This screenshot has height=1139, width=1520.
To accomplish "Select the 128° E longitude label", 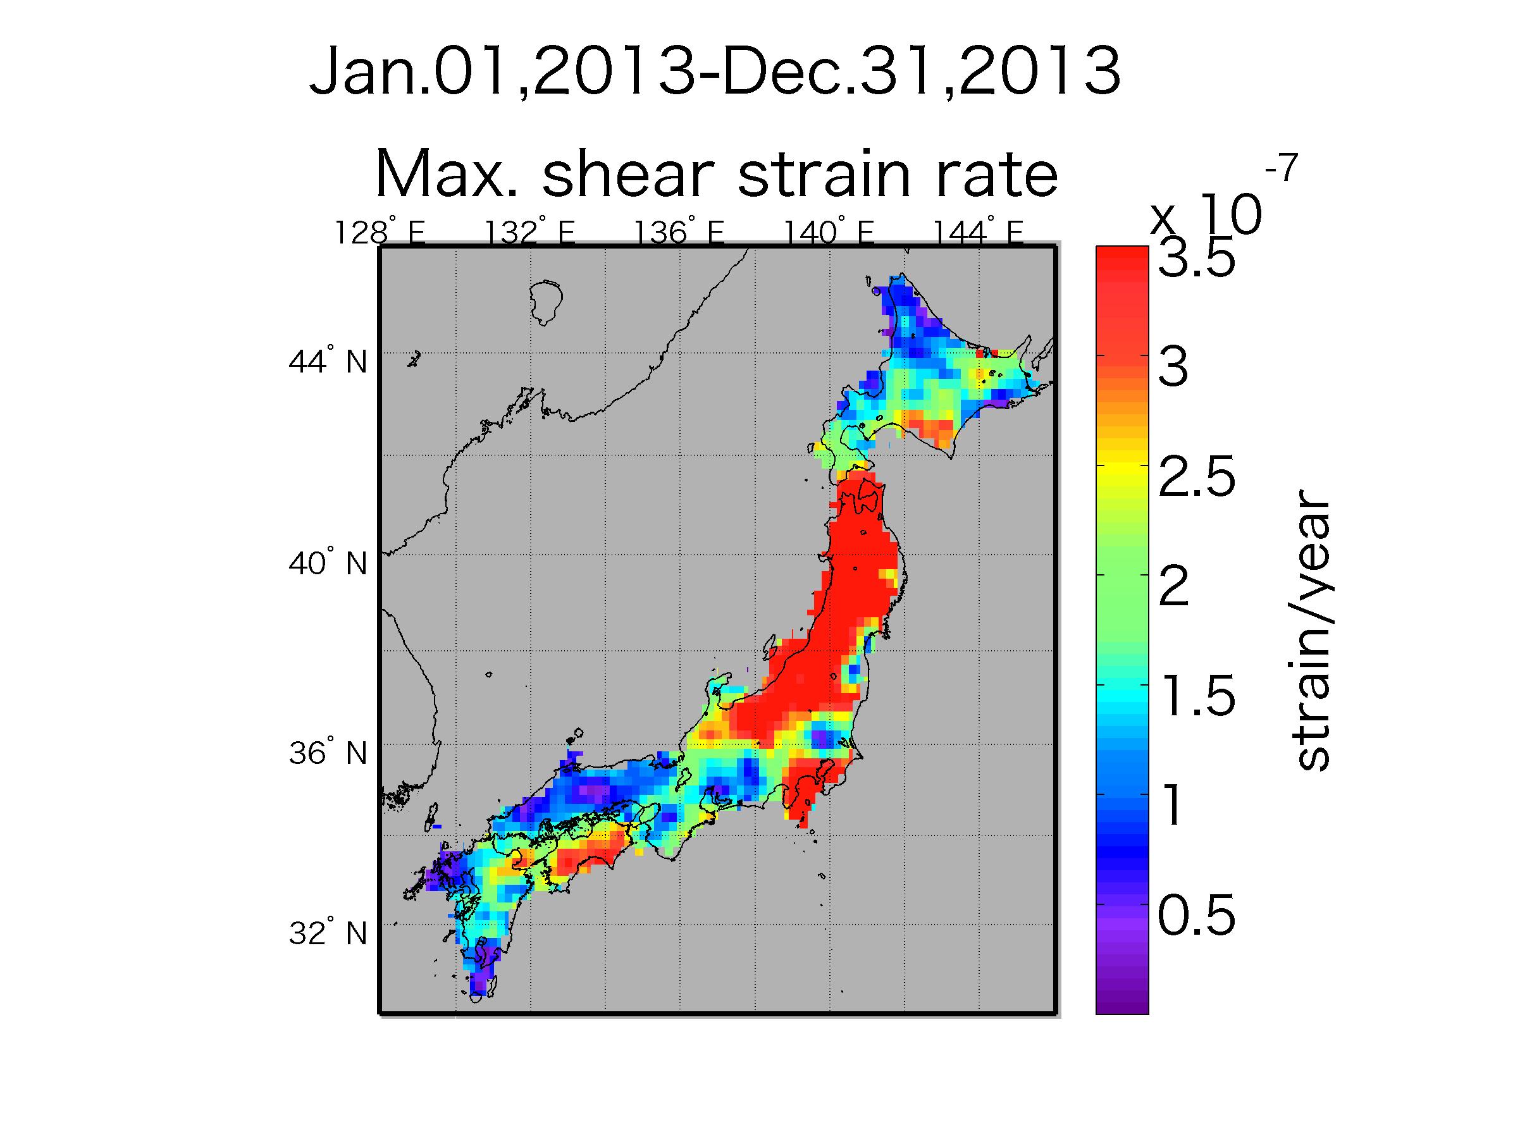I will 380,233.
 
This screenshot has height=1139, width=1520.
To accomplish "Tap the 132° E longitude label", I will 530,233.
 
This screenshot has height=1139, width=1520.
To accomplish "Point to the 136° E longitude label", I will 679,233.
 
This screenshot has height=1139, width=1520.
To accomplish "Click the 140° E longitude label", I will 829,233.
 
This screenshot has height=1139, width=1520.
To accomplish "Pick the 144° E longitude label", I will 978,233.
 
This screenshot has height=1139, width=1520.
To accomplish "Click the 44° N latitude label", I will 327,360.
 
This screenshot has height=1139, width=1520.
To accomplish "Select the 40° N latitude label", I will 327,563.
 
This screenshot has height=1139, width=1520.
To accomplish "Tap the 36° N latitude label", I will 327,754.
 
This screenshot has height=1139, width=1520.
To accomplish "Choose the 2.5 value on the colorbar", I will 1196,479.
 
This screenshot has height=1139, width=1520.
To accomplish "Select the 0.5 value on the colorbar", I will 1196,917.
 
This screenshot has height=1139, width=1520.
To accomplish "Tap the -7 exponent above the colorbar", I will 1281,169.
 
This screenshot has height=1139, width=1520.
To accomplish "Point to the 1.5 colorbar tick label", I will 1196,698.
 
